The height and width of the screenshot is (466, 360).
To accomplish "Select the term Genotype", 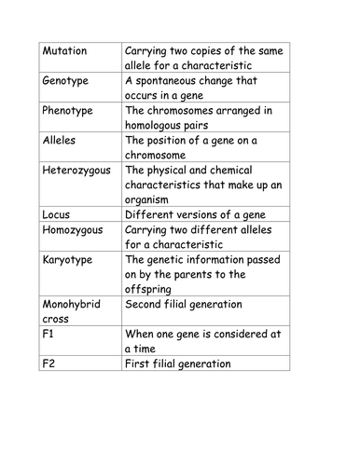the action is tap(68, 81).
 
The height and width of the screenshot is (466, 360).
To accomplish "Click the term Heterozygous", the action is tap(80, 171).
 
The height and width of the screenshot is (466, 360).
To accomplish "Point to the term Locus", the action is tap(57, 213).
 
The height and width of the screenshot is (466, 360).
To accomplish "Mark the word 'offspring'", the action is tap(153, 289).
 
